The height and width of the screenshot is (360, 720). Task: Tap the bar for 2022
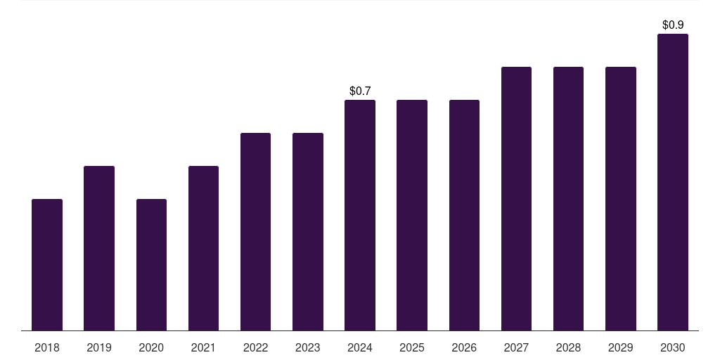255,231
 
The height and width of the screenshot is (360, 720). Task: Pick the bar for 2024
360,215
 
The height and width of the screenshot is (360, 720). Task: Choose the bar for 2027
516,198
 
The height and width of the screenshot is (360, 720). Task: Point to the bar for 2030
673,182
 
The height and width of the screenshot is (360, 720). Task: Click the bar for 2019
99,248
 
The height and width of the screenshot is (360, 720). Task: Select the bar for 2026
464,215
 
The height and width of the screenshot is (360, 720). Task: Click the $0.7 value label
360,91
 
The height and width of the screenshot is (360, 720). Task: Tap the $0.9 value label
673,25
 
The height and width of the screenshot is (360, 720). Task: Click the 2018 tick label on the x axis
47,347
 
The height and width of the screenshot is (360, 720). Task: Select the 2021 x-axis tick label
203,347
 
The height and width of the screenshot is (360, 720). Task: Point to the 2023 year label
308,347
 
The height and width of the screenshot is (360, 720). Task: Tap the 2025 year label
412,347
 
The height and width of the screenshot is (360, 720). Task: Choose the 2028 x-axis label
568,347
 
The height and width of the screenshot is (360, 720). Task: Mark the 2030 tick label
673,347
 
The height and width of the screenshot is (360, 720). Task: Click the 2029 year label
621,347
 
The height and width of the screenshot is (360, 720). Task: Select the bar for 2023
308,231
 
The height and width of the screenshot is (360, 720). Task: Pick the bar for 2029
621,198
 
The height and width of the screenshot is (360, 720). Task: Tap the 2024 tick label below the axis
360,347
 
